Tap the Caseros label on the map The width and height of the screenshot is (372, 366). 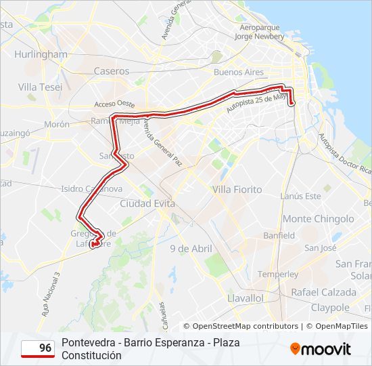point(112,70)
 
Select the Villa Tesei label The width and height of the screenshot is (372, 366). point(41,87)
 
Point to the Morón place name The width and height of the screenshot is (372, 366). point(57,125)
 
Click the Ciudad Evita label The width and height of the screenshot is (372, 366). point(147,203)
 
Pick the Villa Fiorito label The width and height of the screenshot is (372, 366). point(237,189)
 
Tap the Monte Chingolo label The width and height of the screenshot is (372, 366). point(318,219)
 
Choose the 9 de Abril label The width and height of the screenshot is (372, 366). point(191,249)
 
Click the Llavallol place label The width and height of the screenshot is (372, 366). point(246,298)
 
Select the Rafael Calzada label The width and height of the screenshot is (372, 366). point(323,292)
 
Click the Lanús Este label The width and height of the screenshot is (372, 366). point(301,196)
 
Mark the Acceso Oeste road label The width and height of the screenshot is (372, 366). point(114,104)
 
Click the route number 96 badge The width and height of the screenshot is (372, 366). point(38,348)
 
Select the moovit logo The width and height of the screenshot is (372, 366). point(321,349)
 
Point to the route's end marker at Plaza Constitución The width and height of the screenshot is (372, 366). point(292,103)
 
